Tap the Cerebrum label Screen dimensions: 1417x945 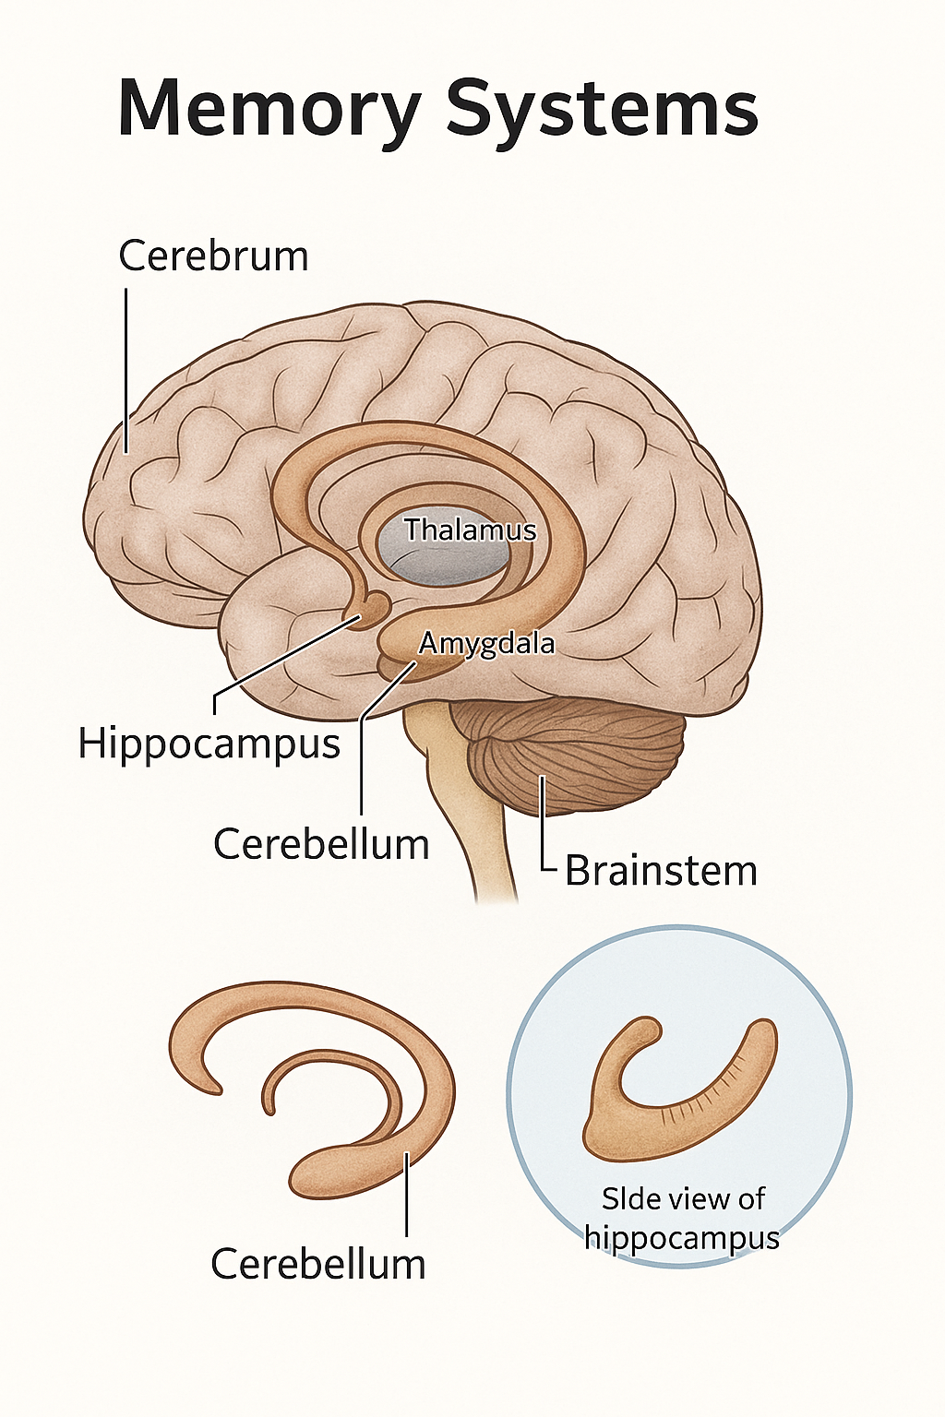pyautogui.click(x=213, y=256)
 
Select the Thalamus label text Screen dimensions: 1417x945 pyautogui.click(x=470, y=530)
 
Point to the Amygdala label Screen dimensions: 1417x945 pyautogui.click(x=486, y=642)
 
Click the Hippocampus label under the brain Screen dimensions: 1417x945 pyautogui.click(x=209, y=743)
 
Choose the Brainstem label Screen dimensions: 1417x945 pyautogui.click(x=661, y=871)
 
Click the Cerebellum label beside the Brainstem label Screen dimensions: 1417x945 pyautogui.click(x=321, y=844)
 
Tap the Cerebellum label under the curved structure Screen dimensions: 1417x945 pyautogui.click(x=318, y=1263)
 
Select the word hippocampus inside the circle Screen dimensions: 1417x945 pyautogui.click(x=682, y=1237)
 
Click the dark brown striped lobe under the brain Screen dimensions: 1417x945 pyautogui.click(x=577, y=752)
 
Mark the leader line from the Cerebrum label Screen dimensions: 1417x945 pyautogui.click(x=126, y=369)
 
